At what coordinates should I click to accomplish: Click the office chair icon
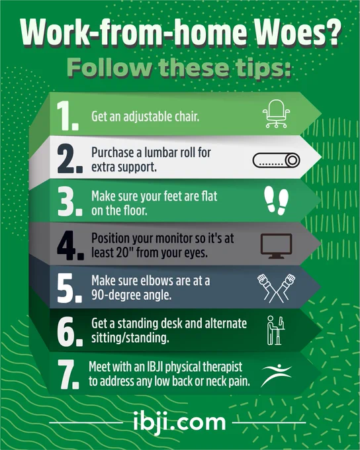pyautogui.click(x=276, y=114)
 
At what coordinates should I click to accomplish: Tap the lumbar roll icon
pyautogui.click(x=277, y=160)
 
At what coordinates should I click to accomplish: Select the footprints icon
pyautogui.click(x=276, y=201)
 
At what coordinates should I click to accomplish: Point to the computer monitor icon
pyautogui.click(x=276, y=246)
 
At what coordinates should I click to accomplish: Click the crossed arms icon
pyautogui.click(x=276, y=288)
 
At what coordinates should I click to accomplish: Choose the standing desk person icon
pyautogui.click(x=276, y=330)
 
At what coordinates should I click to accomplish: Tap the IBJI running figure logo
pyautogui.click(x=276, y=375)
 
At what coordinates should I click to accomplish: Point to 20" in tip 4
pyautogui.click(x=124, y=253)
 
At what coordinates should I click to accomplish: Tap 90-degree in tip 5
pyautogui.click(x=117, y=295)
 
